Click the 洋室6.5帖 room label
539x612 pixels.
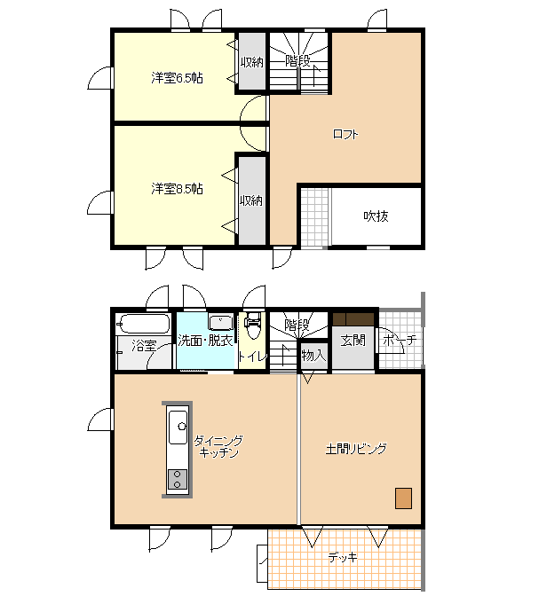click(177, 78)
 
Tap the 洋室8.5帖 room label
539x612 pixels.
click(177, 189)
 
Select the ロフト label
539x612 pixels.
click(345, 135)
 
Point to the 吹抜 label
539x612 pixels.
click(376, 216)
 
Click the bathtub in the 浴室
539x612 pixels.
click(144, 324)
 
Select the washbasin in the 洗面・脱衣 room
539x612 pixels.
click(220, 323)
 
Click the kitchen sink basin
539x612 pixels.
click(178, 427)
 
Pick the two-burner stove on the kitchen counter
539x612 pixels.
click(178, 480)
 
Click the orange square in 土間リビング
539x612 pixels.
click(403, 498)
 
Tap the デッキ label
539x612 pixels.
click(343, 557)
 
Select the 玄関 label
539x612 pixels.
click(353, 341)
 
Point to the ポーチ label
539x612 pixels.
click(400, 341)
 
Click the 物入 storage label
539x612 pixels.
click(313, 356)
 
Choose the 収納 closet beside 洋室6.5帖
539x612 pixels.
click(252, 62)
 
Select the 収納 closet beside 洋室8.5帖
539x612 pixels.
click(252, 201)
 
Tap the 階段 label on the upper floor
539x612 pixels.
click(297, 61)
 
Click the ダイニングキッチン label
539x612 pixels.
click(218, 447)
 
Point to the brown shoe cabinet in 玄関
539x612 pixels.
click(353, 319)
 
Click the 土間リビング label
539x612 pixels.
click(356, 449)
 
